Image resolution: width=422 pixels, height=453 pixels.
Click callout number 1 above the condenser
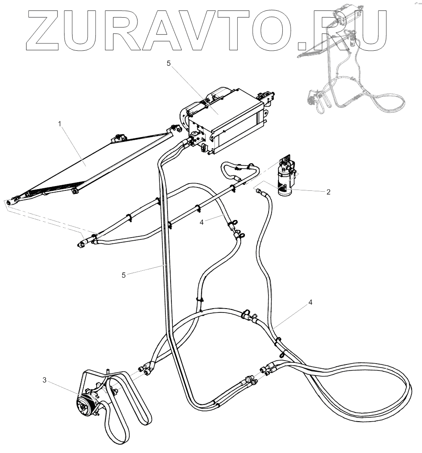pyautogui.click(x=60, y=124)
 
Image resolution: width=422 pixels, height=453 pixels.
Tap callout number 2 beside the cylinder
pyautogui.click(x=328, y=192)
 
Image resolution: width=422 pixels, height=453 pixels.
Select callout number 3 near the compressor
pyautogui.click(x=44, y=380)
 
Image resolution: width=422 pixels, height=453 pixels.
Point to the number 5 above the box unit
pyautogui.click(x=168, y=63)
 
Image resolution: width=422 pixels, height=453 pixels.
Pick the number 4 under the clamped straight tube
pyautogui.click(x=202, y=222)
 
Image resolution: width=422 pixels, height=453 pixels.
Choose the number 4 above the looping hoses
pyautogui.click(x=310, y=302)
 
